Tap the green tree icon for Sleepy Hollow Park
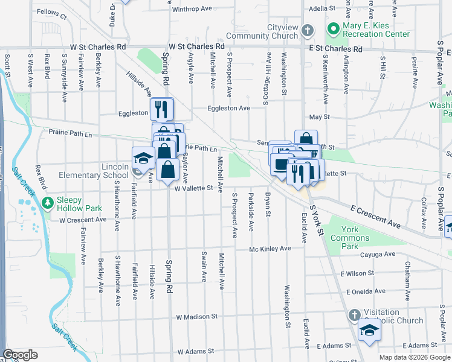49,200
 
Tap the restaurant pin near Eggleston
162,109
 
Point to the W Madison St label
196,316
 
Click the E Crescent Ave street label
376,215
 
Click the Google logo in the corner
20,355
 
